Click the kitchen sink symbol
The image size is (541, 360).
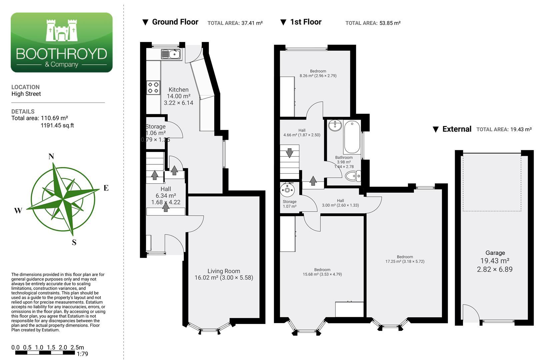[x=171, y=54]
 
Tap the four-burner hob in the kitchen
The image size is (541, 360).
[x=153, y=87]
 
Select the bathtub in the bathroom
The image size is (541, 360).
[x=352, y=137]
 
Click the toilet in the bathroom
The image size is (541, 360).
[x=353, y=176]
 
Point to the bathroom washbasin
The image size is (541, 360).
[x=335, y=125]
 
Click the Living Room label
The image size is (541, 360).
[x=224, y=271]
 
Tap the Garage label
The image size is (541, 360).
[x=495, y=253]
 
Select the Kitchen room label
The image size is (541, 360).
[x=178, y=90]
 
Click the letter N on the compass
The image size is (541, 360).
[x=51, y=156]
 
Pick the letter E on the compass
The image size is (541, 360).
[x=106, y=188]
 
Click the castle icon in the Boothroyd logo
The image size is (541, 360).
[x=62, y=30]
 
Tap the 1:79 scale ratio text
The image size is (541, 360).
[x=82, y=354]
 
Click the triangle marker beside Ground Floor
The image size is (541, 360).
[x=145, y=22]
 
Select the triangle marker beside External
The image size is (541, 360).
[x=436, y=129]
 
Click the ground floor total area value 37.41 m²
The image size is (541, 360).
[x=252, y=23]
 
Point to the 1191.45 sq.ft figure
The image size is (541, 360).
[x=57, y=125]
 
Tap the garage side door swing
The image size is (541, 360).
[x=471, y=313]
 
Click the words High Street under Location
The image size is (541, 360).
[x=26, y=94]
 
